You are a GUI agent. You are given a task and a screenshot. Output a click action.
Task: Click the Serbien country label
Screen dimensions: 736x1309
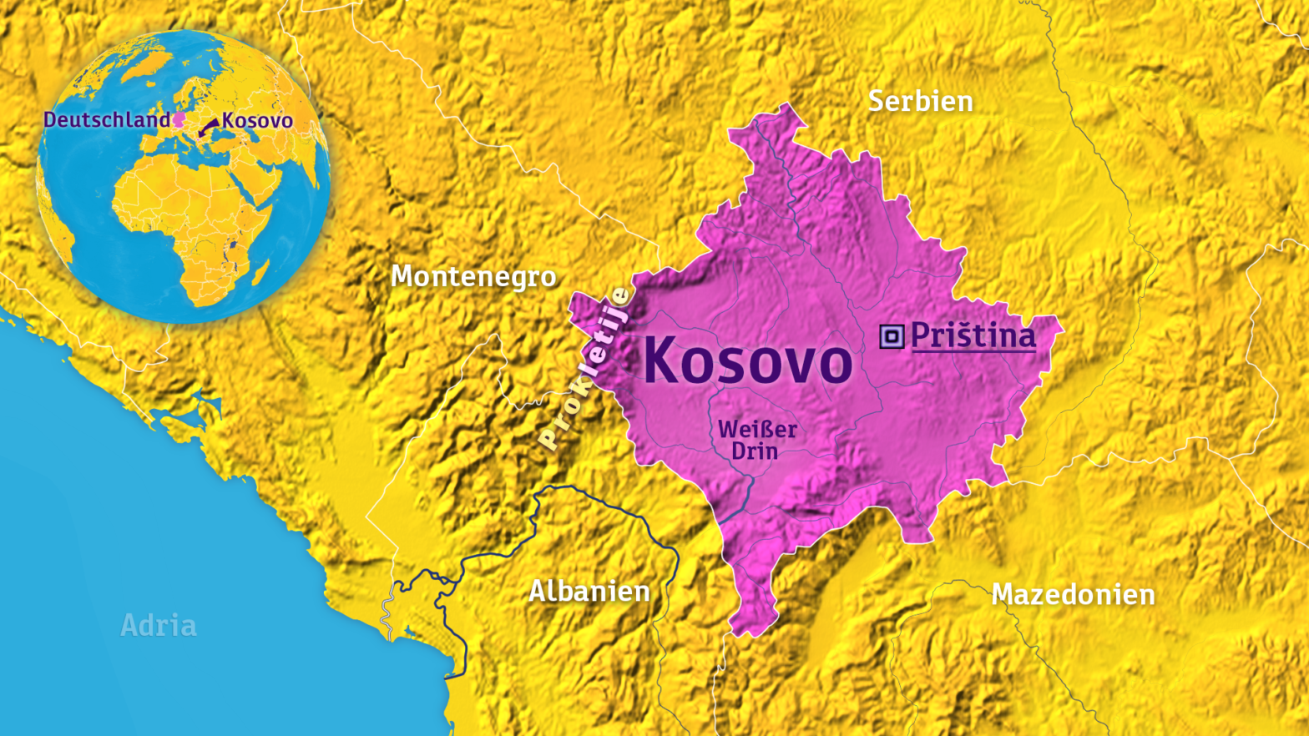coord(920,101)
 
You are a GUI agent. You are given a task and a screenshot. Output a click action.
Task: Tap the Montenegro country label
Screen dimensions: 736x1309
coord(473,276)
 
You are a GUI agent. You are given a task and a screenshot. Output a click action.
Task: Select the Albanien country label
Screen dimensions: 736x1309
coord(589,591)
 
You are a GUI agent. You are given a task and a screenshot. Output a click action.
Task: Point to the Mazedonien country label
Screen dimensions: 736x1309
coord(1073,595)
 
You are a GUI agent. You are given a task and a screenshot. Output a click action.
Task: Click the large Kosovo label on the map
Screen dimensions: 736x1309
coord(747,360)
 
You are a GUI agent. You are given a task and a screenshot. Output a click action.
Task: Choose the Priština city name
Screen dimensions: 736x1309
coord(973,335)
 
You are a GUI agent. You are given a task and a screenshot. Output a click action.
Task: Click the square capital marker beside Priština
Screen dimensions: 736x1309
coord(892,336)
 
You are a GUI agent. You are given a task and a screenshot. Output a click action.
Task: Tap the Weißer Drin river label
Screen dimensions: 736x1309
coord(756,440)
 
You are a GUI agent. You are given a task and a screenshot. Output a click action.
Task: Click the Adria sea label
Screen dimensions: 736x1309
coord(159,625)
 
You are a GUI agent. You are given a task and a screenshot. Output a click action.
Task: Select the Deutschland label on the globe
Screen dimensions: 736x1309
coord(106,120)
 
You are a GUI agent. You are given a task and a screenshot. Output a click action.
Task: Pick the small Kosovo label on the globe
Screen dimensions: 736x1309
coord(258,121)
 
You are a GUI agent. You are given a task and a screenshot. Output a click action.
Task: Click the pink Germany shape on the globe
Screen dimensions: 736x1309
coord(179,119)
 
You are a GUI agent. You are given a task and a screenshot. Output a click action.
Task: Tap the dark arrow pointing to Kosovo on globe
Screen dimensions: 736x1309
coord(208,127)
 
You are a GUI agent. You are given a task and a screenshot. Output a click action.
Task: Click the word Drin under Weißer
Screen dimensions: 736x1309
coord(755,451)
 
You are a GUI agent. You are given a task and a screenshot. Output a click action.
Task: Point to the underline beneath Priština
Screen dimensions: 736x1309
coord(973,351)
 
